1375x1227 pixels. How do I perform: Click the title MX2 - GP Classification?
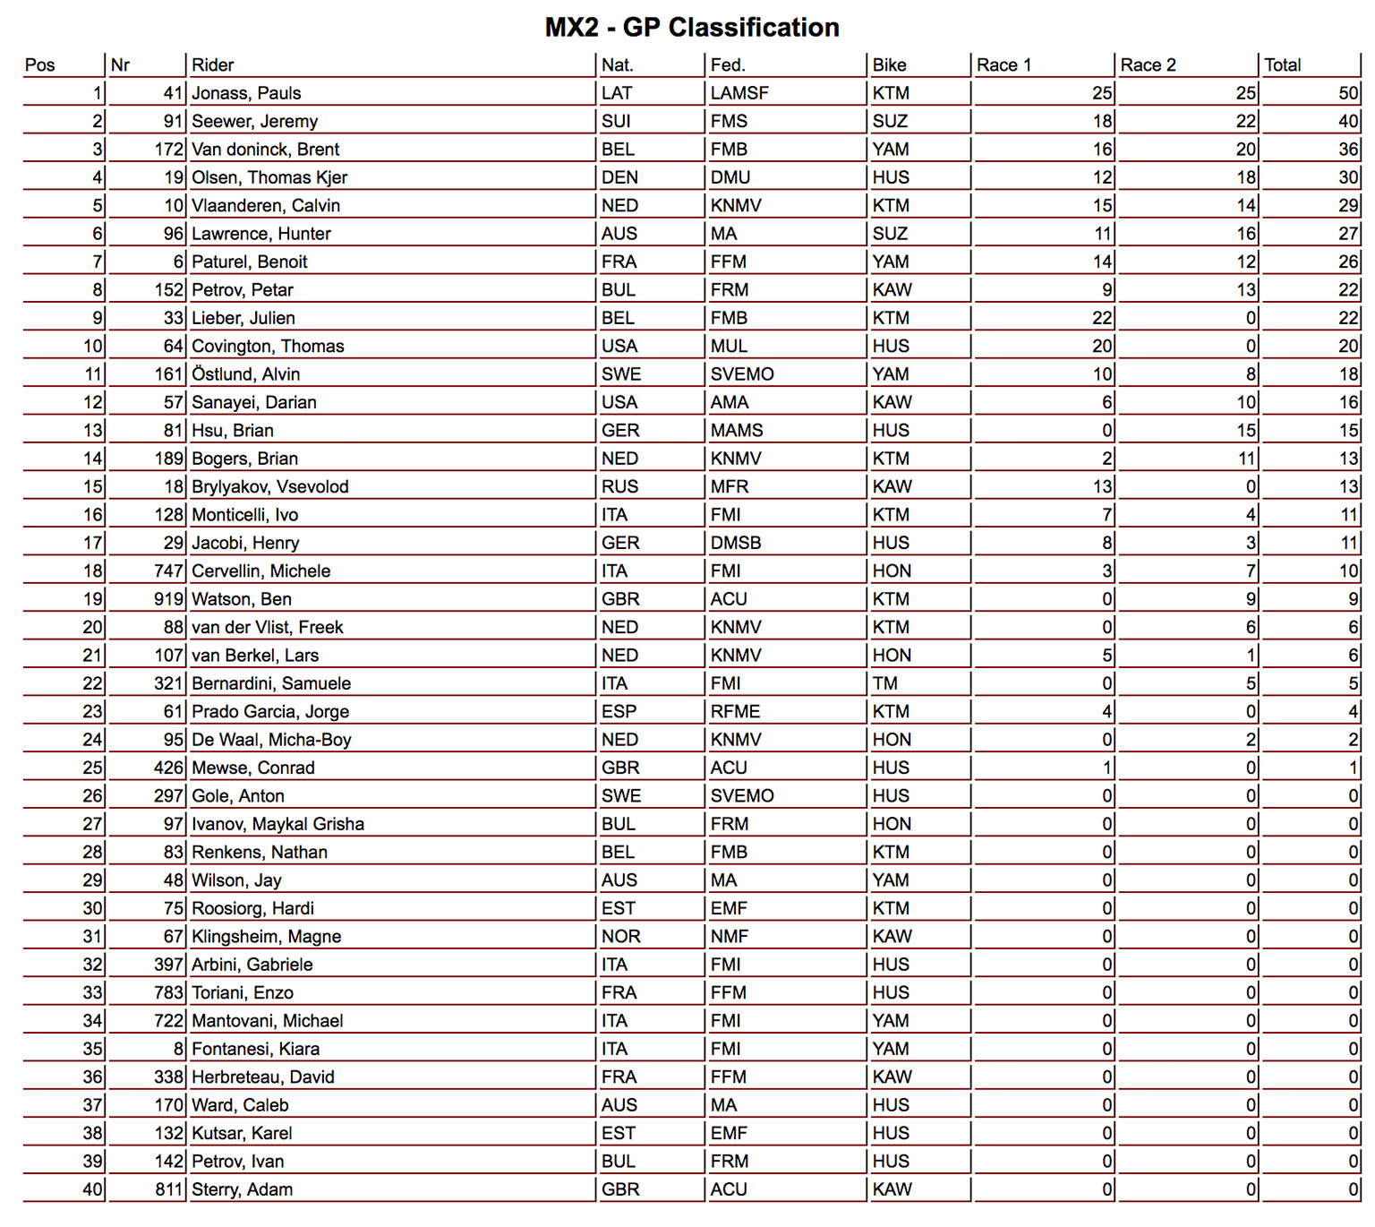pyautogui.click(x=692, y=28)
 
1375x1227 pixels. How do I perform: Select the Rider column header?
pyautogui.click(x=213, y=65)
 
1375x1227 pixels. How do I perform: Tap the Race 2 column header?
pyautogui.click(x=1148, y=65)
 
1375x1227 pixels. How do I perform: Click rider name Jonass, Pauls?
pyautogui.click(x=246, y=93)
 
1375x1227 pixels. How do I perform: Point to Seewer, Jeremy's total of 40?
pyautogui.click(x=1348, y=122)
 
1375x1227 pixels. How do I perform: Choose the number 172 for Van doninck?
pyautogui.click(x=169, y=150)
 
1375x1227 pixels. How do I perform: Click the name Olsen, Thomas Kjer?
pyautogui.click(x=269, y=177)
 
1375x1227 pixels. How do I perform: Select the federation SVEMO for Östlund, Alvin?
pyautogui.click(x=742, y=374)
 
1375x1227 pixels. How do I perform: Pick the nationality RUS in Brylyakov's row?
pyautogui.click(x=619, y=487)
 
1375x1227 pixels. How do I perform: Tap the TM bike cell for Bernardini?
pyautogui.click(x=885, y=684)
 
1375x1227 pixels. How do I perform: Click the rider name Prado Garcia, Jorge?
pyautogui.click(x=270, y=712)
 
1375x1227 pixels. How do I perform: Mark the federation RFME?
pyautogui.click(x=735, y=712)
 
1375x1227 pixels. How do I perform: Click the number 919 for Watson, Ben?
pyautogui.click(x=169, y=599)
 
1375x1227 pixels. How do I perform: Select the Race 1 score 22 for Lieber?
pyautogui.click(x=1101, y=318)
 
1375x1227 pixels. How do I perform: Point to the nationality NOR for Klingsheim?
pyautogui.click(x=620, y=937)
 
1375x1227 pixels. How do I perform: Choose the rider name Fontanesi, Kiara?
pyautogui.click(x=255, y=1050)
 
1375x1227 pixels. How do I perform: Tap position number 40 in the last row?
pyautogui.click(x=93, y=1190)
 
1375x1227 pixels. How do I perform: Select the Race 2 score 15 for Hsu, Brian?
pyautogui.click(x=1246, y=431)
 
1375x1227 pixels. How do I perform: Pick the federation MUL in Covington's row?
pyautogui.click(x=729, y=347)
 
